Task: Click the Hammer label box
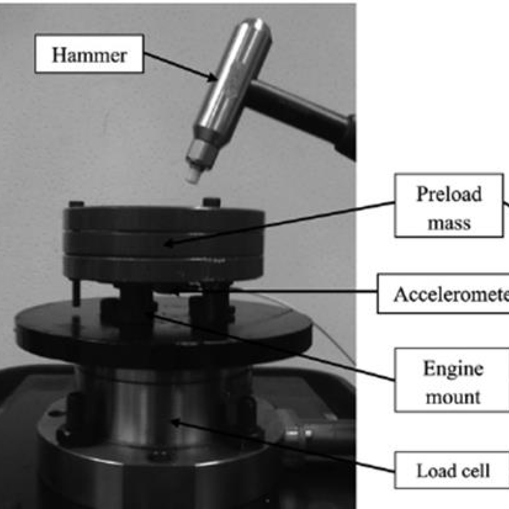point(89,54)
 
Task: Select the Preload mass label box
point(449,206)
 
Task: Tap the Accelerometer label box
point(443,294)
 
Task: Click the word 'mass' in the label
point(449,223)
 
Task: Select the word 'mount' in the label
point(453,397)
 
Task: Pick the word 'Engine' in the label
point(453,369)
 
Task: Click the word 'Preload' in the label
point(449,194)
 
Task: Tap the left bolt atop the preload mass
point(76,205)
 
